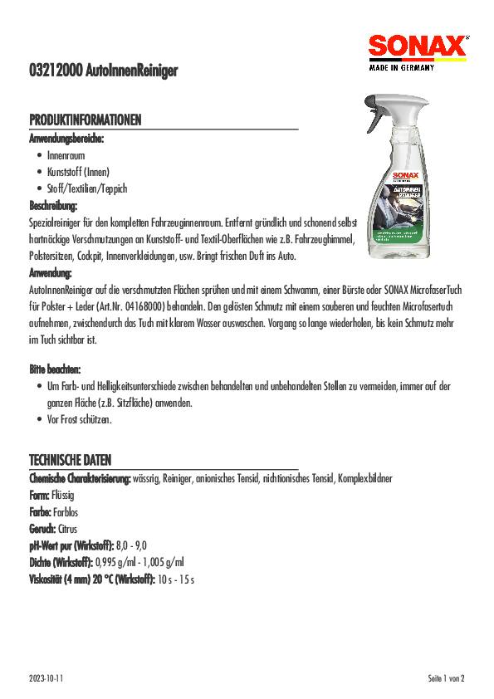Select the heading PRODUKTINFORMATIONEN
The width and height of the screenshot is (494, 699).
86,121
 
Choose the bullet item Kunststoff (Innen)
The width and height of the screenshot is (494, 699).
79,172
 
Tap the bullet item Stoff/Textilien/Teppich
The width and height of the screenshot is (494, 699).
87,188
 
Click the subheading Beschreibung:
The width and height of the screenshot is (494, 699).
54,205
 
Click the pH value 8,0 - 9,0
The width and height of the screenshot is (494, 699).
131,545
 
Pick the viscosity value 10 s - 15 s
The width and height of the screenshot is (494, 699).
175,578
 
